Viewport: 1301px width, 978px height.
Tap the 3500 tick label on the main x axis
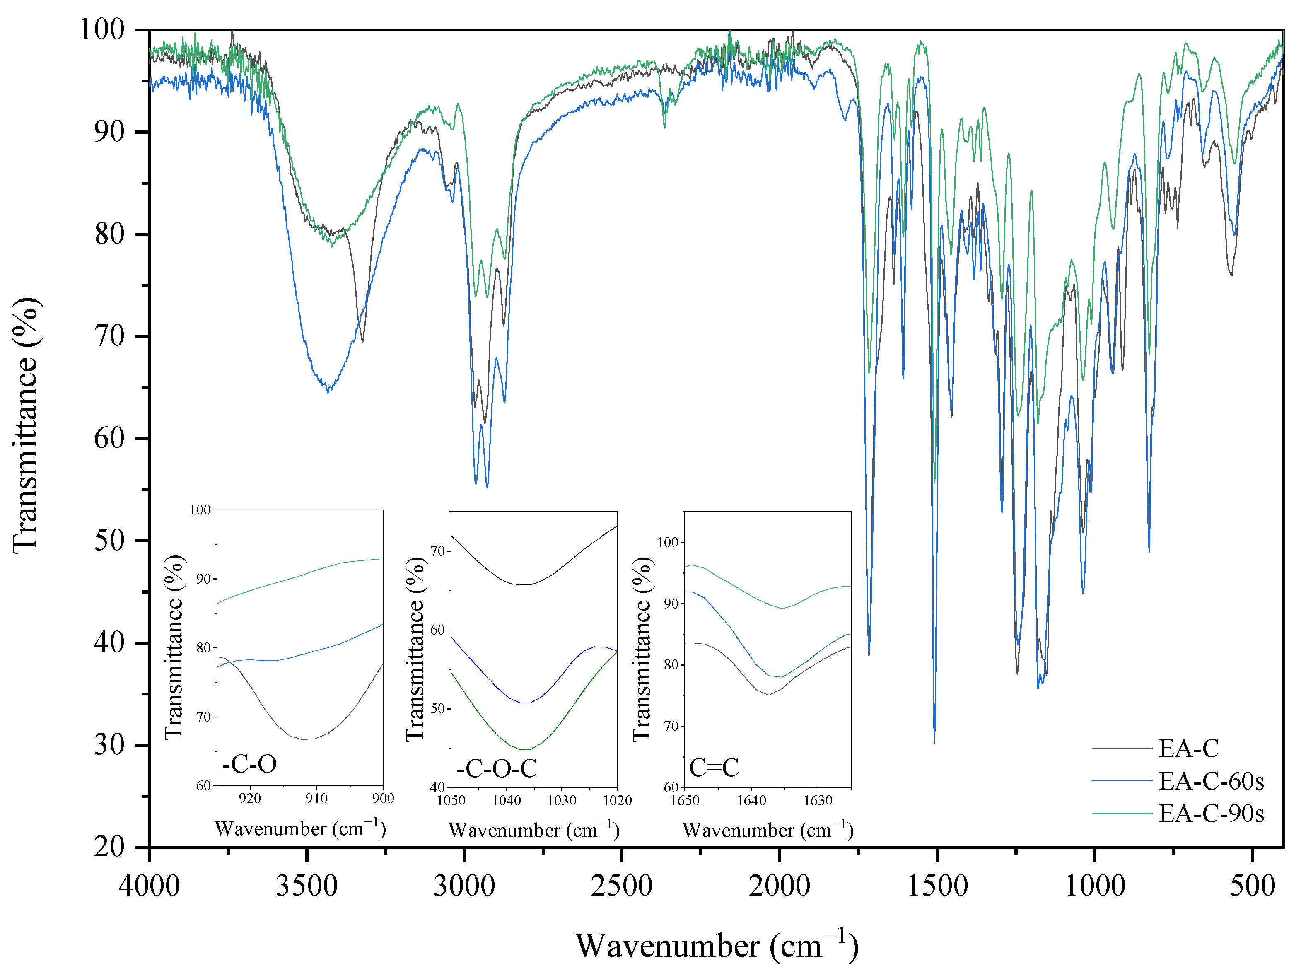coord(307,886)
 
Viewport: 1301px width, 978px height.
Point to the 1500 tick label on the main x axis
coord(937,886)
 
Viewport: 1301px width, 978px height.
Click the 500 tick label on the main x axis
coord(1252,886)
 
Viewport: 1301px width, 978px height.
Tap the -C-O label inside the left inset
coord(249,764)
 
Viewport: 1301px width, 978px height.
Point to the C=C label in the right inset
coord(713,768)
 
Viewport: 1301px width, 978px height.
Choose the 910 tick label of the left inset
coord(316,799)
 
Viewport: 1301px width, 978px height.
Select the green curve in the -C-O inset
coord(300,576)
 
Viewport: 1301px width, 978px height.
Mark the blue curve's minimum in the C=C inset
coord(780,677)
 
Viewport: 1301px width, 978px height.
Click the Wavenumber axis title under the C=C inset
coord(768,831)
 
